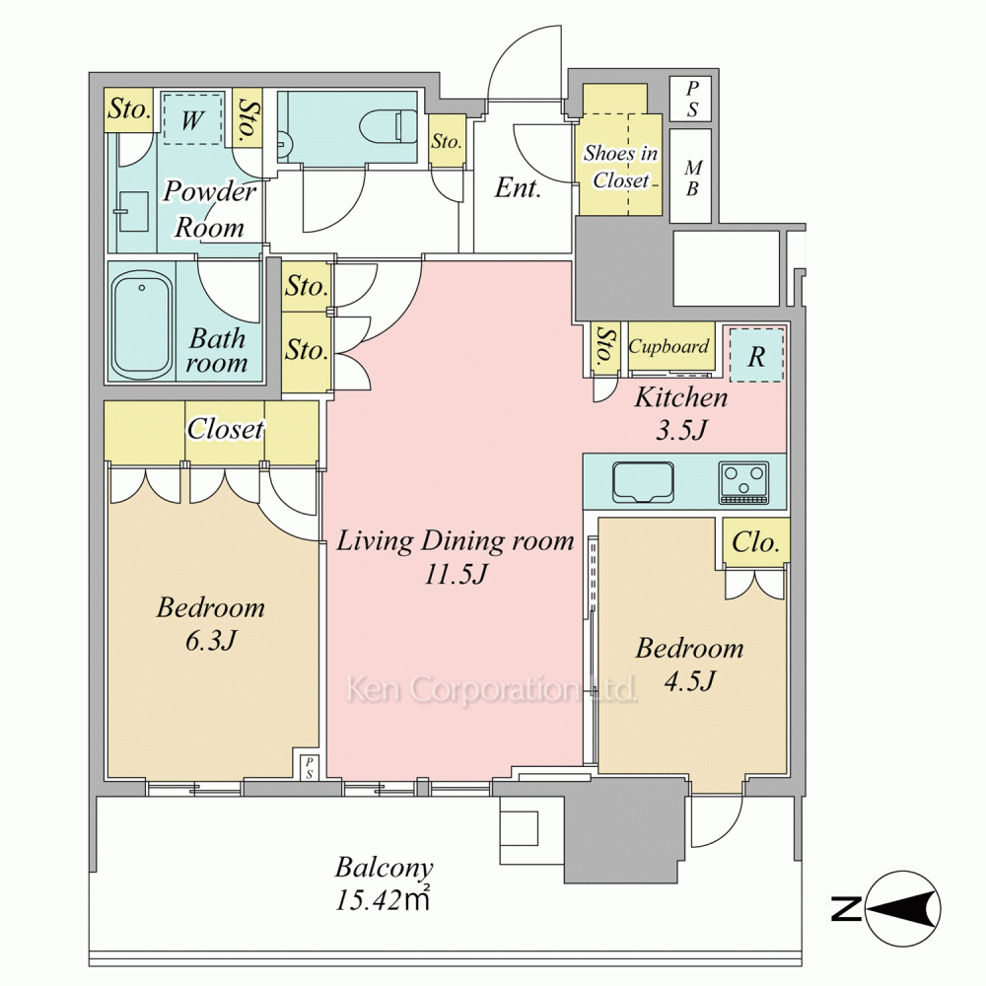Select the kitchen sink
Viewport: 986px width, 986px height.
tap(643, 482)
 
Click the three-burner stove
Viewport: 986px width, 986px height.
tap(743, 482)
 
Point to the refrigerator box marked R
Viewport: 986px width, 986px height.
tap(756, 354)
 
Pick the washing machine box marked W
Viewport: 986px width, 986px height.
tap(192, 119)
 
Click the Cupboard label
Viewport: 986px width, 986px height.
tap(669, 346)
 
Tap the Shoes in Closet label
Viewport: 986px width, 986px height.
tap(620, 167)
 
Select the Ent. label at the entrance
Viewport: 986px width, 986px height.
tap(518, 187)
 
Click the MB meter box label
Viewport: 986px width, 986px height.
tap(692, 177)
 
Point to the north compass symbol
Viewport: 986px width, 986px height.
tap(903, 909)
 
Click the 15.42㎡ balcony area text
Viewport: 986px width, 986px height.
tap(383, 900)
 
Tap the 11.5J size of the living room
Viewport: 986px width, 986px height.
tap(456, 574)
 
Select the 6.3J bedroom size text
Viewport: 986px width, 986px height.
tap(211, 641)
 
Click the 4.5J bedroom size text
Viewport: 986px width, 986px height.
tap(690, 681)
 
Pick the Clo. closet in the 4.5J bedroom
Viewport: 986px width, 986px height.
tap(755, 542)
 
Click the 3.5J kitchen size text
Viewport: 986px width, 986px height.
tap(681, 430)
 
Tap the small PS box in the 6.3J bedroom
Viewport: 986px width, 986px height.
tap(309, 768)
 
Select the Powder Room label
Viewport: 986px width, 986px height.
tap(209, 209)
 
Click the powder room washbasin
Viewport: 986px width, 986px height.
tap(133, 211)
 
